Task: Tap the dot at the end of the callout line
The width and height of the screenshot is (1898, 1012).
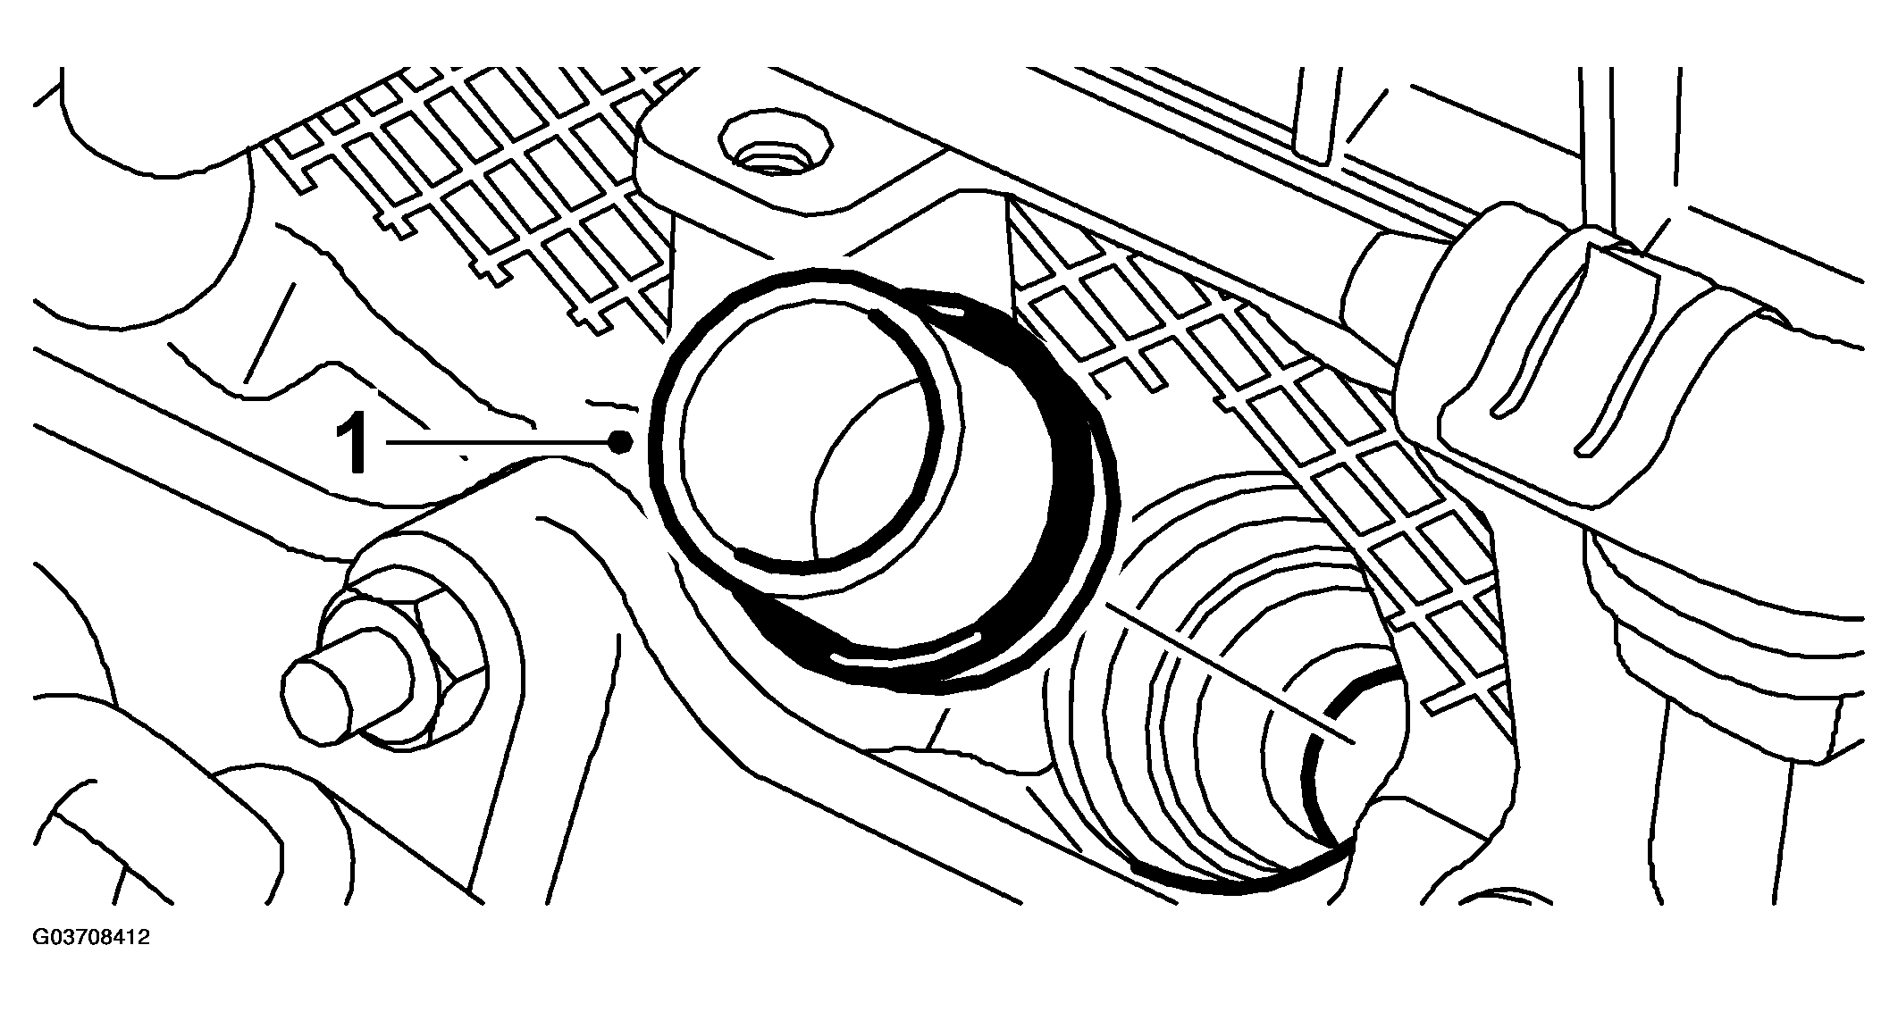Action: (x=621, y=440)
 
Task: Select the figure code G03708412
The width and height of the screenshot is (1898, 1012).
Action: (x=91, y=938)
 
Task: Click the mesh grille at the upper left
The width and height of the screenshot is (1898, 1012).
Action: (x=474, y=179)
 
